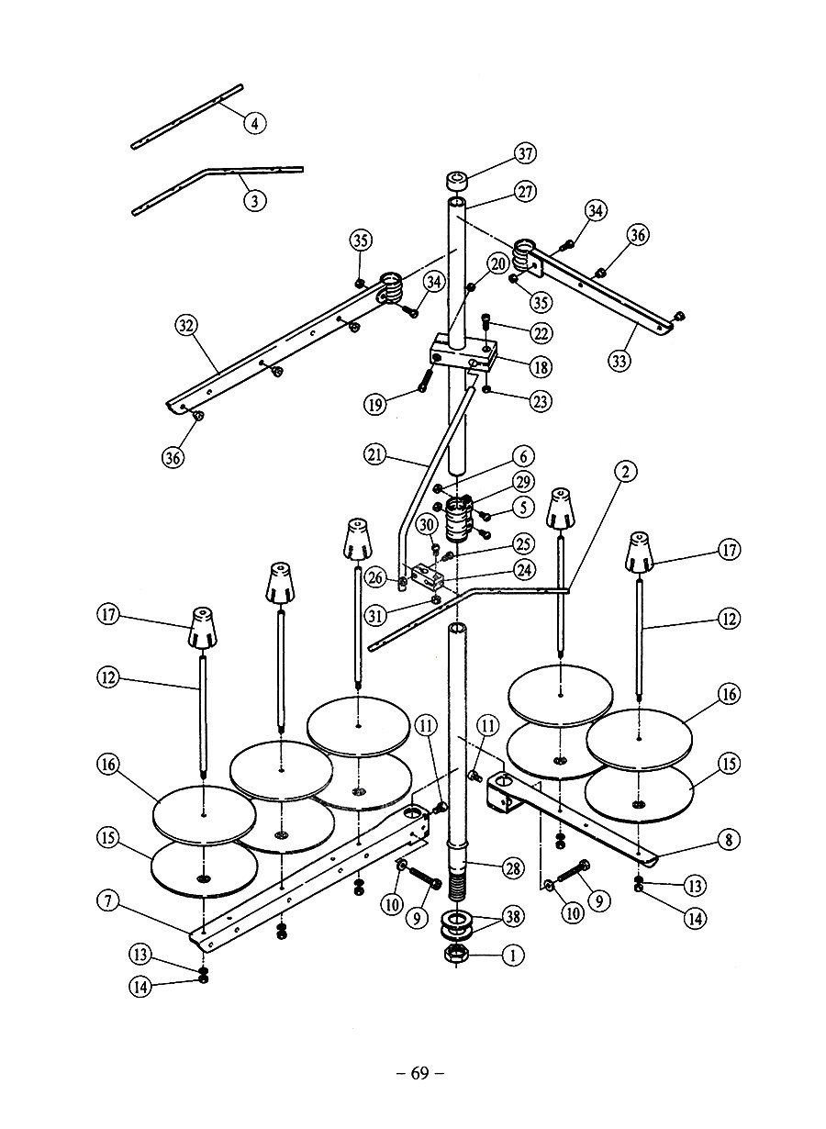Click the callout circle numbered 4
[x=254, y=123]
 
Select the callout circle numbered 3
[x=254, y=201]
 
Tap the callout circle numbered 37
[x=525, y=153]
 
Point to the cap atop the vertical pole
[x=456, y=182]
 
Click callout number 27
[x=525, y=192]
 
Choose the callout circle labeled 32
[x=186, y=326]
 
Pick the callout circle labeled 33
[x=619, y=361]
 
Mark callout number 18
[x=541, y=366]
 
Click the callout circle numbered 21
[x=374, y=455]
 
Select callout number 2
[x=625, y=471]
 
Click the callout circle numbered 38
[x=512, y=916]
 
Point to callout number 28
[x=512, y=868]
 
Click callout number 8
[x=730, y=840]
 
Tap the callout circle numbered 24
[x=524, y=570]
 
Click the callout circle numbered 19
[x=375, y=404]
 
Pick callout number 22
[x=541, y=333]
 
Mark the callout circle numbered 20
[x=498, y=263]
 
